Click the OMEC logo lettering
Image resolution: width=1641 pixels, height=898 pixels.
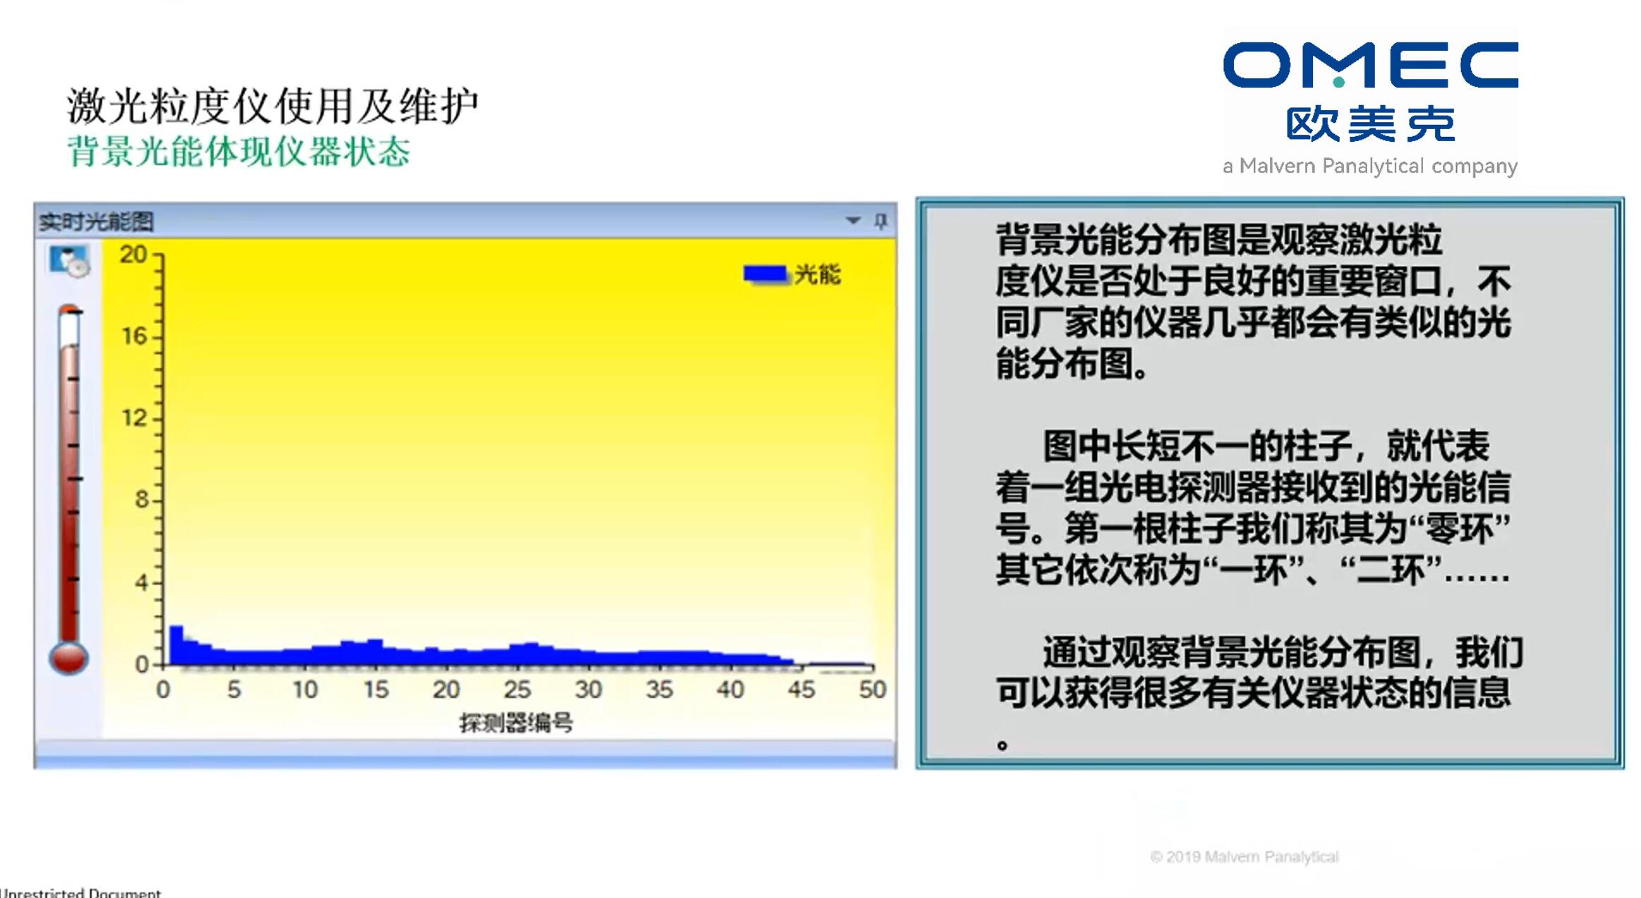tap(1370, 65)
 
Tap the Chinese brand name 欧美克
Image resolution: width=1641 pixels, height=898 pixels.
tap(1370, 125)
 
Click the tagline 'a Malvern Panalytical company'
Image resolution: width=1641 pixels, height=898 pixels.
tap(1370, 166)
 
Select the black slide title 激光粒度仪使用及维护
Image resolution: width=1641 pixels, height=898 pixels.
tap(273, 107)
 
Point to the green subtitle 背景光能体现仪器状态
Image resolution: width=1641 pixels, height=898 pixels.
tap(238, 151)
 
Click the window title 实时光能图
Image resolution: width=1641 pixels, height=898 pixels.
tap(96, 222)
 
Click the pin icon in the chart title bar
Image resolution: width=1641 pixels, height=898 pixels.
tap(880, 221)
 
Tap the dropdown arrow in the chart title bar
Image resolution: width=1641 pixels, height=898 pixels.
tap(853, 221)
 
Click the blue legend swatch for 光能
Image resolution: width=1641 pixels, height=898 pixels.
tap(765, 274)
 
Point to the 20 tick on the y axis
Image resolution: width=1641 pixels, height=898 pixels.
tap(133, 254)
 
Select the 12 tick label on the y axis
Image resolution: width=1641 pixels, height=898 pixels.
tap(134, 418)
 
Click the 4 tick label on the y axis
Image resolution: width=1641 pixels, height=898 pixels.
tap(141, 583)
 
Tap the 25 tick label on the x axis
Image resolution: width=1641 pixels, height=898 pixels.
tap(517, 689)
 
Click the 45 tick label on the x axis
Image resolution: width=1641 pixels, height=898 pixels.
tap(801, 689)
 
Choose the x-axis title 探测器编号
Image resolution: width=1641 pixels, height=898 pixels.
tap(516, 722)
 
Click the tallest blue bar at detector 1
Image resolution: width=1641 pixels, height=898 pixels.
tap(176, 645)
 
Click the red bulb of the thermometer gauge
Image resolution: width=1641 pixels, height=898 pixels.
tap(68, 658)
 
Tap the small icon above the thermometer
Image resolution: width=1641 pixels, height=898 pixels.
tap(69, 261)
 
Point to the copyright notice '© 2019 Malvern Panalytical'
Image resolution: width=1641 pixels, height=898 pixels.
tap(1245, 857)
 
